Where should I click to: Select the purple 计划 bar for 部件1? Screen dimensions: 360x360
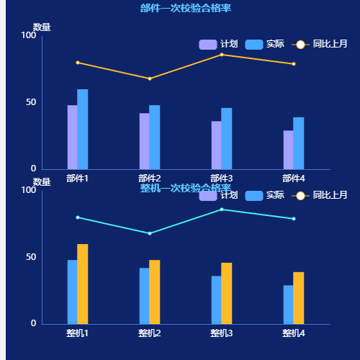pos(72,137)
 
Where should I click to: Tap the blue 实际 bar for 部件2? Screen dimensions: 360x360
pos(155,137)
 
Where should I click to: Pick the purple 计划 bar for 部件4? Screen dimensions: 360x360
pos(288,150)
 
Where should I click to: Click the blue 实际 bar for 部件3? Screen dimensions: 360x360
pos(227,138)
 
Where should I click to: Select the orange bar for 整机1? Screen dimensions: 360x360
pos(83,284)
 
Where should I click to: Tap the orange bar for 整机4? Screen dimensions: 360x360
pos(299,297)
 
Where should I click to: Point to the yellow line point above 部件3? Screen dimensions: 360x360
pos(222,55)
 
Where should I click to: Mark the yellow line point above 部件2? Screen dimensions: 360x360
pos(150,78)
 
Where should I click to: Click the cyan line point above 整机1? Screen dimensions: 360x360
pos(78,217)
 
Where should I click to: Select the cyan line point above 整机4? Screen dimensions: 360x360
pos(294,219)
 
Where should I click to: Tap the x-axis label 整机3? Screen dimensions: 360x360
pos(222,333)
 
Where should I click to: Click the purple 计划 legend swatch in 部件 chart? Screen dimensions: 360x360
pos(207,45)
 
